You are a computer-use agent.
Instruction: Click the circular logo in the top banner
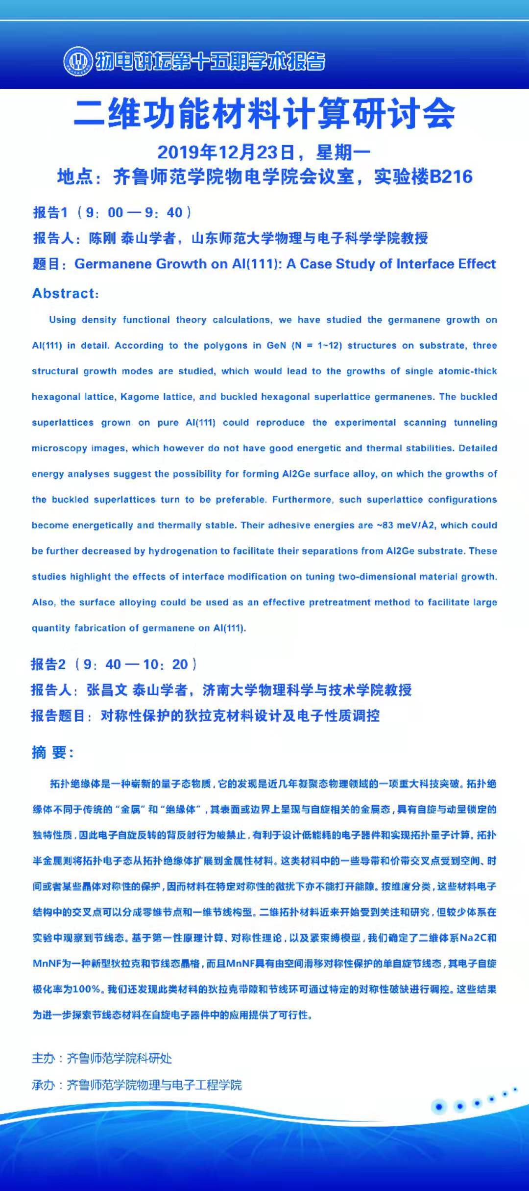tap(78, 61)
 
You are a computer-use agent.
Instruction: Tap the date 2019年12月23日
tap(226, 152)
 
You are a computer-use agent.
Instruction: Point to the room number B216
tap(451, 177)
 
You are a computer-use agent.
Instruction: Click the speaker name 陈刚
tap(102, 238)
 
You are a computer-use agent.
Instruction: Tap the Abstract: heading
tap(66, 293)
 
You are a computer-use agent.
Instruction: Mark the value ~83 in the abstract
tap(385, 525)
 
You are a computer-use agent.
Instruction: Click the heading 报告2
tap(48, 664)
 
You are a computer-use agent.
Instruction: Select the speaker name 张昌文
tap(107, 690)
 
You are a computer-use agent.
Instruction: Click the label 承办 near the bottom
tap(43, 1085)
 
